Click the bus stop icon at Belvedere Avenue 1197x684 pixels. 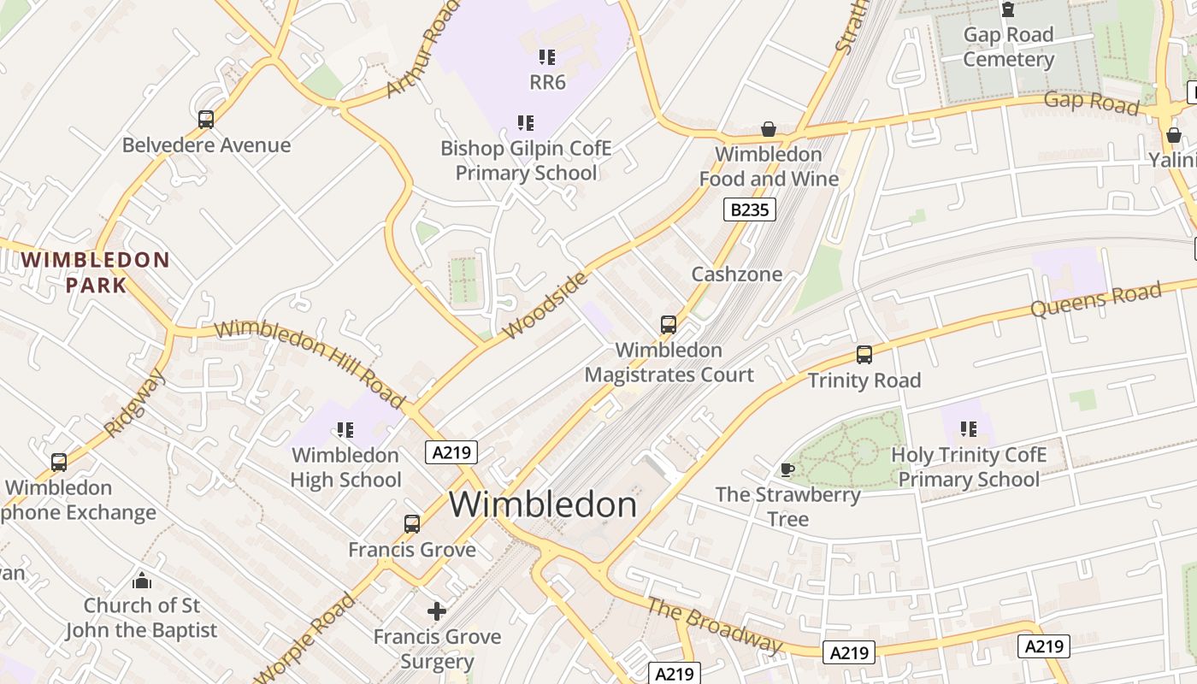(205, 120)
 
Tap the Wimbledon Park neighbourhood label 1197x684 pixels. (96, 272)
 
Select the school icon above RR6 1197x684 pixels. (547, 57)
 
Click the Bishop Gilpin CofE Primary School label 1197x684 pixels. (526, 161)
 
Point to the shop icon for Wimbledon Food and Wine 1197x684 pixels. (769, 129)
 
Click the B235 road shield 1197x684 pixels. (749, 209)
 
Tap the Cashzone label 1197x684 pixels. (737, 274)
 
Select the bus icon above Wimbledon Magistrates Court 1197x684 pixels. (669, 325)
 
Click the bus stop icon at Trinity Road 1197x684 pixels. (864, 355)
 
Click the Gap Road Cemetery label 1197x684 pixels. (1008, 47)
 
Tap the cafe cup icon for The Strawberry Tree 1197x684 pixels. (787, 469)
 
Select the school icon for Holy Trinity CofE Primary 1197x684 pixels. (968, 428)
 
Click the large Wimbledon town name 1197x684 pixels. (543, 504)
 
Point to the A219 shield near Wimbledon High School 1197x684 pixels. (451, 452)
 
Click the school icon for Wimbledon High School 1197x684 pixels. (345, 429)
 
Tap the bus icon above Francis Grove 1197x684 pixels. (412, 523)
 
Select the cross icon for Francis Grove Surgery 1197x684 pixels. (437, 610)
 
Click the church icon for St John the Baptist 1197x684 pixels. (142, 581)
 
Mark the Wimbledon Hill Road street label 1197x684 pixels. (310, 363)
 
